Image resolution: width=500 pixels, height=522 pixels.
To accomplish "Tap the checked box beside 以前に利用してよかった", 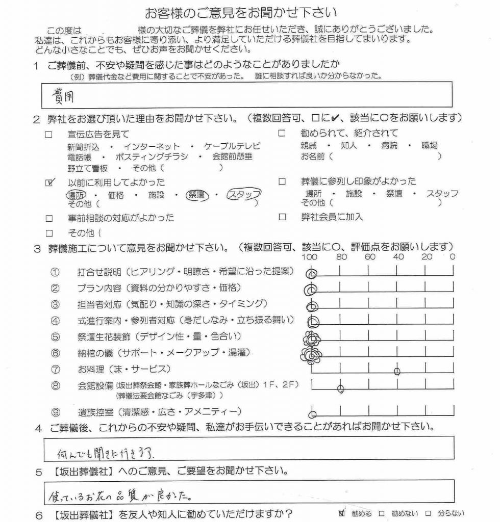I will coord(49,182).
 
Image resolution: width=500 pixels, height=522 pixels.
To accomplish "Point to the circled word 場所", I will coord(77,194).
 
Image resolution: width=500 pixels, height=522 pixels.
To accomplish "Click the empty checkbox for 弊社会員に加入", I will coord(282,217).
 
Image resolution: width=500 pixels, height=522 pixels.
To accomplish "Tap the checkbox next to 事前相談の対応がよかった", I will coord(49,218).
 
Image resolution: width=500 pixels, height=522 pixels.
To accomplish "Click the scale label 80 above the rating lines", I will coord(341,257).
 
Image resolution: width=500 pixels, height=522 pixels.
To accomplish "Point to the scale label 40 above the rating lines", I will coord(398,257).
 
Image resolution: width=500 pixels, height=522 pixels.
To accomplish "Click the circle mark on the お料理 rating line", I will coord(397,371).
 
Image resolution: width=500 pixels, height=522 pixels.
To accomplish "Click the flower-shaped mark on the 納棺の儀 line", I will coord(311,354).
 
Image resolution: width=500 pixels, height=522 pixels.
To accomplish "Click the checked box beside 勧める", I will coord(342,513).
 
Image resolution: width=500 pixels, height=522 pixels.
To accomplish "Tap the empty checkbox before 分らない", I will coord(429,513).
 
